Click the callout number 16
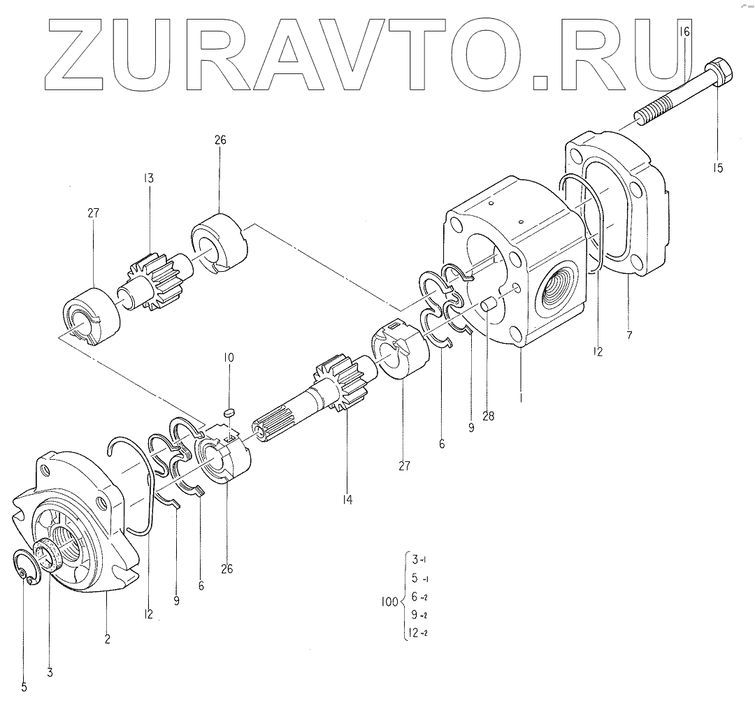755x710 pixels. pyautogui.click(x=684, y=31)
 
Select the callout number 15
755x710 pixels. pyautogui.click(x=719, y=168)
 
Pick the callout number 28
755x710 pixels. pyautogui.click(x=488, y=416)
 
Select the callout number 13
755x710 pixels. pyautogui.click(x=148, y=178)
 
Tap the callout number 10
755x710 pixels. pyautogui.click(x=229, y=357)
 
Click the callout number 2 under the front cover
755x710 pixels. pyautogui.click(x=107, y=638)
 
